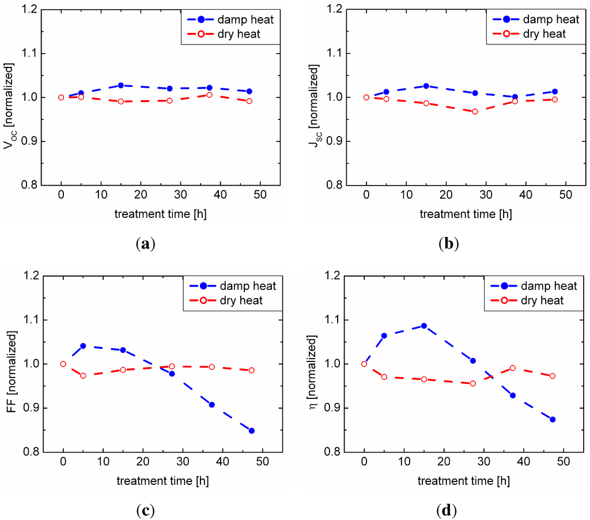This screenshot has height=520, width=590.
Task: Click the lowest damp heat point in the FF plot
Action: (252, 431)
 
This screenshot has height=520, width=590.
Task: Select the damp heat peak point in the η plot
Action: (424, 326)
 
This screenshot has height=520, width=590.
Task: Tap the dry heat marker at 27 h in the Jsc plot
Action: (475, 111)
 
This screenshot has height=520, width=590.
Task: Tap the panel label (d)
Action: (447, 510)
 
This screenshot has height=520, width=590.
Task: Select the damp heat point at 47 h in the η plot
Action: (552, 419)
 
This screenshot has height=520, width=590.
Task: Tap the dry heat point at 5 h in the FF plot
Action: (83, 376)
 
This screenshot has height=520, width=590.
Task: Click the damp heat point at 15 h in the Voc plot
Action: (121, 85)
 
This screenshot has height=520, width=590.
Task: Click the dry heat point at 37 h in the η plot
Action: (512, 368)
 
